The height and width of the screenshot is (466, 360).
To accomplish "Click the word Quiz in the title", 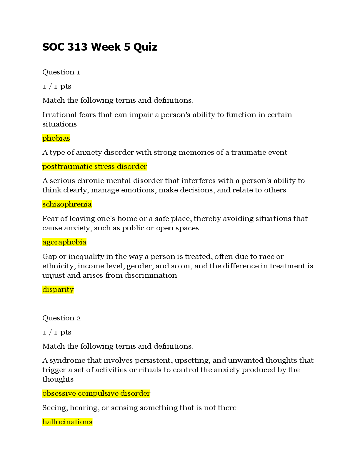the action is (145, 47).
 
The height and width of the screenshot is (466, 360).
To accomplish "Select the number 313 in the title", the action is (77, 47).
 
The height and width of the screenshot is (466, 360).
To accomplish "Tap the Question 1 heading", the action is (61, 72).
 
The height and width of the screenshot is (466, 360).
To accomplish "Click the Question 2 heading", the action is (61, 318).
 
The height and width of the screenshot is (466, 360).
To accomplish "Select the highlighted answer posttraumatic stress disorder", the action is (95, 167).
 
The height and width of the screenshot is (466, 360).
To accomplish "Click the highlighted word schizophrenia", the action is (67, 204).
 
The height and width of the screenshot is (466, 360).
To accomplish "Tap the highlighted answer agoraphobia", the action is (64, 242).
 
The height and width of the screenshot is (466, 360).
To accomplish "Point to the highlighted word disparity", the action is (58, 290).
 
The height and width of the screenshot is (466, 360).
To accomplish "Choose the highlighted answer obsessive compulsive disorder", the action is (96, 394).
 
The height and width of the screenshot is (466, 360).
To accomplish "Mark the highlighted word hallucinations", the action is (67, 422).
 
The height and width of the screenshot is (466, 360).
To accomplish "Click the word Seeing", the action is (55, 408).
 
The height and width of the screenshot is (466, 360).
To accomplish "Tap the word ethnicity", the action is (59, 266).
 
